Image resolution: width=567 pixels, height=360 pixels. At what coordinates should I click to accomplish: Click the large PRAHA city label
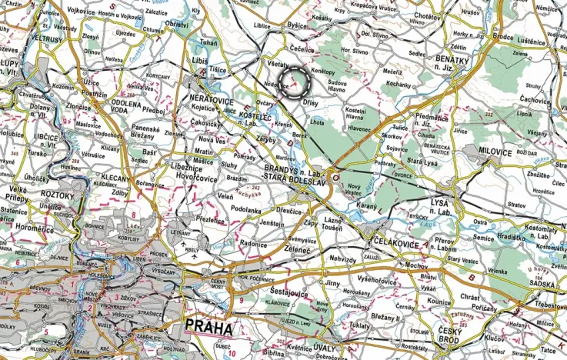click(208, 327)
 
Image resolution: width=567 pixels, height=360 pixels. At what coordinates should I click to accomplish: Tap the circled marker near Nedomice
click(295, 81)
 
